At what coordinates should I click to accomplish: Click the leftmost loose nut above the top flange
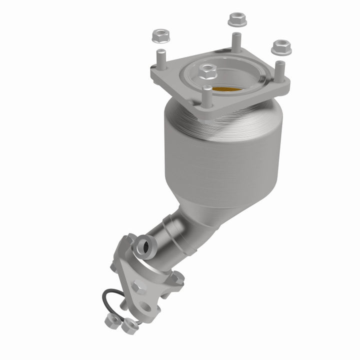coord(157,35)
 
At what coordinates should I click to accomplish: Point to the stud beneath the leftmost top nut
coord(160,57)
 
